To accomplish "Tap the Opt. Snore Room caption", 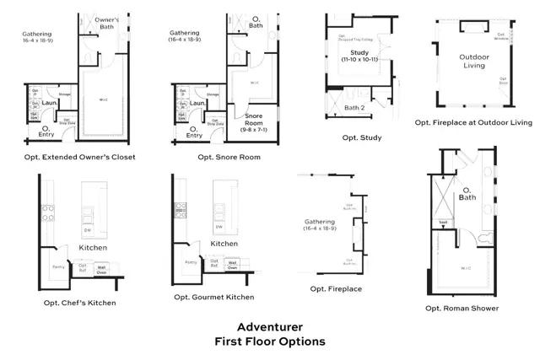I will point(229,157).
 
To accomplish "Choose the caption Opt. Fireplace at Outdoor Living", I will point(473,122).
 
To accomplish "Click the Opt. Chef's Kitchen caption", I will point(80,302).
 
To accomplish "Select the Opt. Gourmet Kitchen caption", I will point(213,297).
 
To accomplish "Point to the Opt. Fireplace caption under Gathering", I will point(336,289).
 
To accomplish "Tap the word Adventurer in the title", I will point(269,326).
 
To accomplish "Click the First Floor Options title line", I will point(269,341).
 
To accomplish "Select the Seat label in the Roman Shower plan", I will point(442,223).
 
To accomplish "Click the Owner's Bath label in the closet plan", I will point(105,23).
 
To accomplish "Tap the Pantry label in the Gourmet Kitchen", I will point(191,262).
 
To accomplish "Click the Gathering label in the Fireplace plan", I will point(321,225).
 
